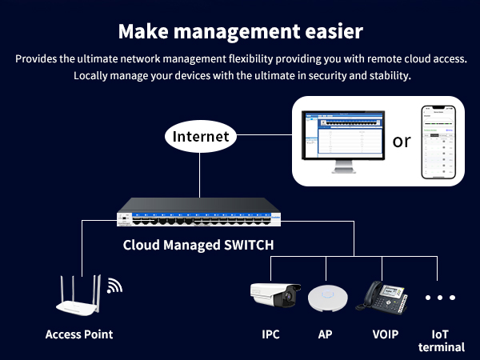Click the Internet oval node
pyautogui.click(x=200, y=136)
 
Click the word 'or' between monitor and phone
pyautogui.click(x=401, y=142)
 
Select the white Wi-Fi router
pyautogui.click(x=78, y=296)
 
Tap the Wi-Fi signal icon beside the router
pyautogui.click(x=114, y=286)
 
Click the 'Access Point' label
pyautogui.click(x=79, y=334)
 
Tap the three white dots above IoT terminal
pyautogui.click(x=439, y=298)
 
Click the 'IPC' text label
pyautogui.click(x=272, y=334)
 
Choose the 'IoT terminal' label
pyautogui.click(x=441, y=340)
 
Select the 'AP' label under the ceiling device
pyautogui.click(x=325, y=334)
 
